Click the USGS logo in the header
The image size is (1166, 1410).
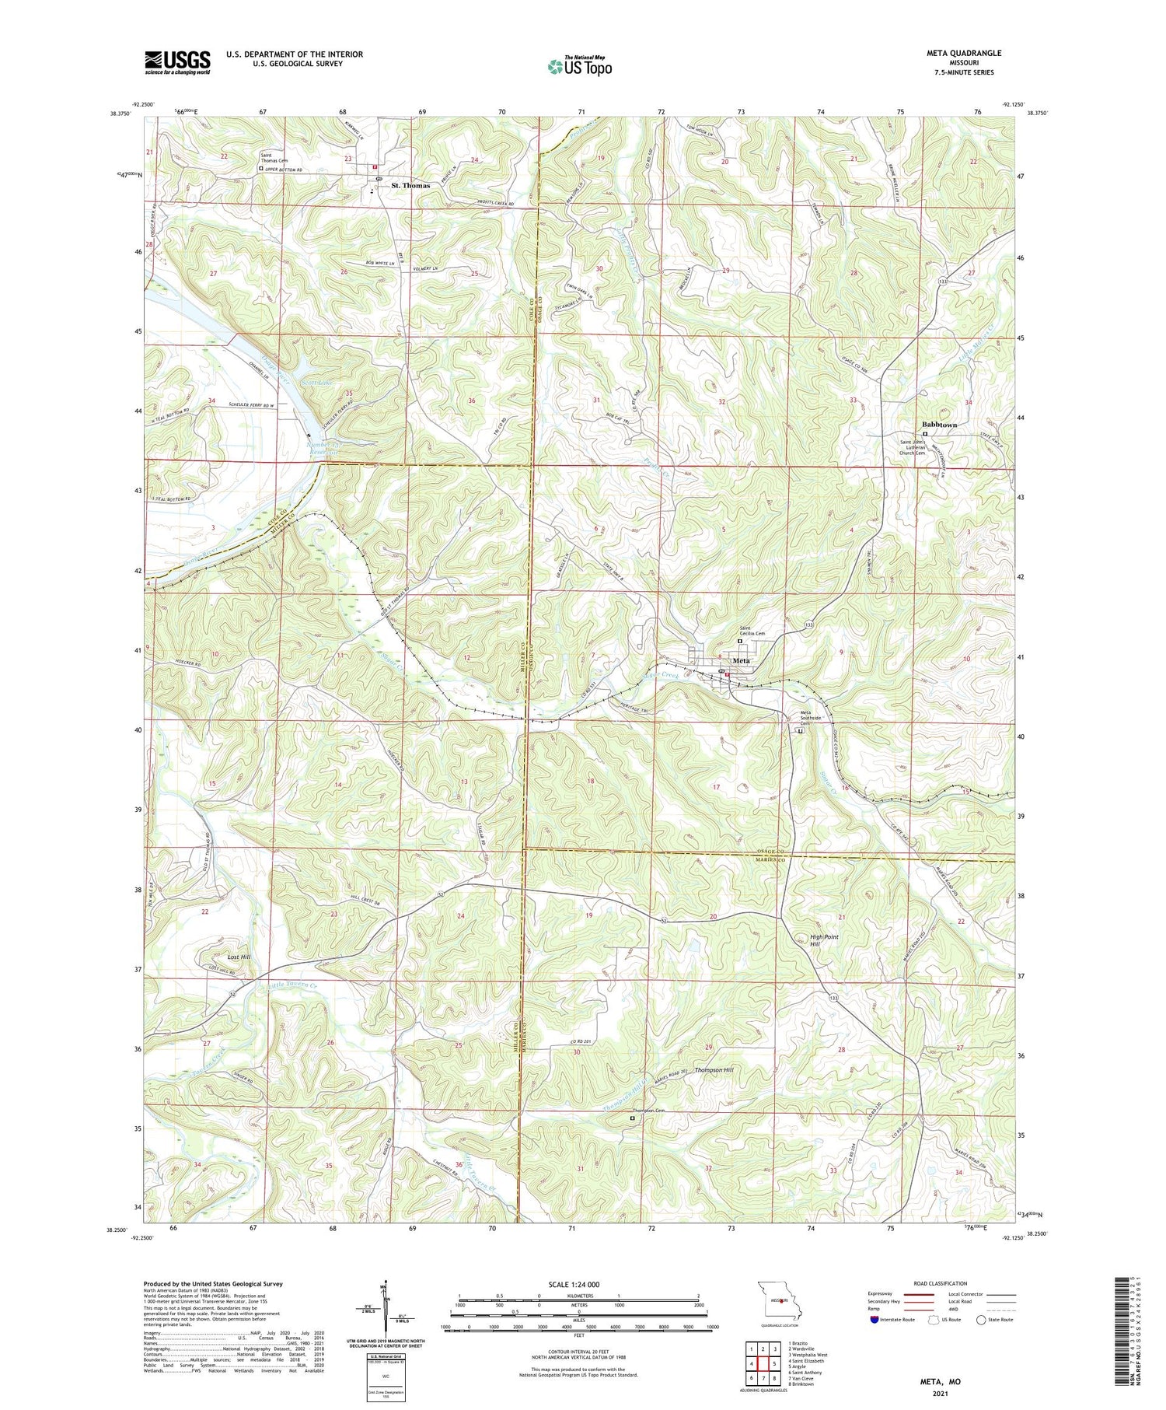click(177, 62)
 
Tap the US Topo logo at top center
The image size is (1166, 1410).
click(579, 66)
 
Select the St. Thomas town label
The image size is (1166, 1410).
click(410, 185)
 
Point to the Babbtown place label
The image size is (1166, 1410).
click(939, 425)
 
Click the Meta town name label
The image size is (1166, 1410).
click(742, 661)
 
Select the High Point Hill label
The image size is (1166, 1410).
click(824, 940)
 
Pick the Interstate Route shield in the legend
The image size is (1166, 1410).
click(874, 1319)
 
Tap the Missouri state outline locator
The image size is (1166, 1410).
click(777, 1300)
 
